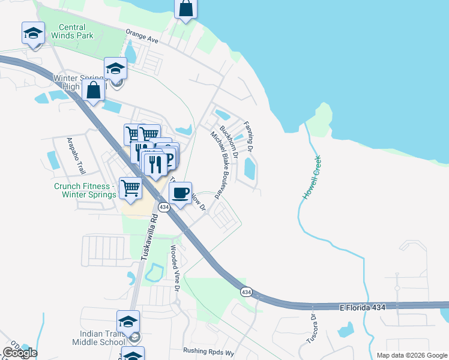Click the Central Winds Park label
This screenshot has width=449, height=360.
[80, 31]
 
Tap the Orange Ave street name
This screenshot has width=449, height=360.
[142, 35]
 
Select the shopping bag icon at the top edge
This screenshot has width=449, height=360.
[185, 9]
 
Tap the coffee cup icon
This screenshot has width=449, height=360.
[180, 193]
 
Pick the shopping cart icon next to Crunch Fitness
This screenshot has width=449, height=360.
[130, 188]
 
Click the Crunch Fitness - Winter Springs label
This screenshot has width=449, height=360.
[85, 190]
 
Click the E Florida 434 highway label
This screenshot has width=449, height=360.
[362, 307]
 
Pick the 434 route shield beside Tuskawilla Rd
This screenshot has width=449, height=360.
[163, 207]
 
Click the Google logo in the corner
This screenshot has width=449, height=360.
[20, 352]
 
